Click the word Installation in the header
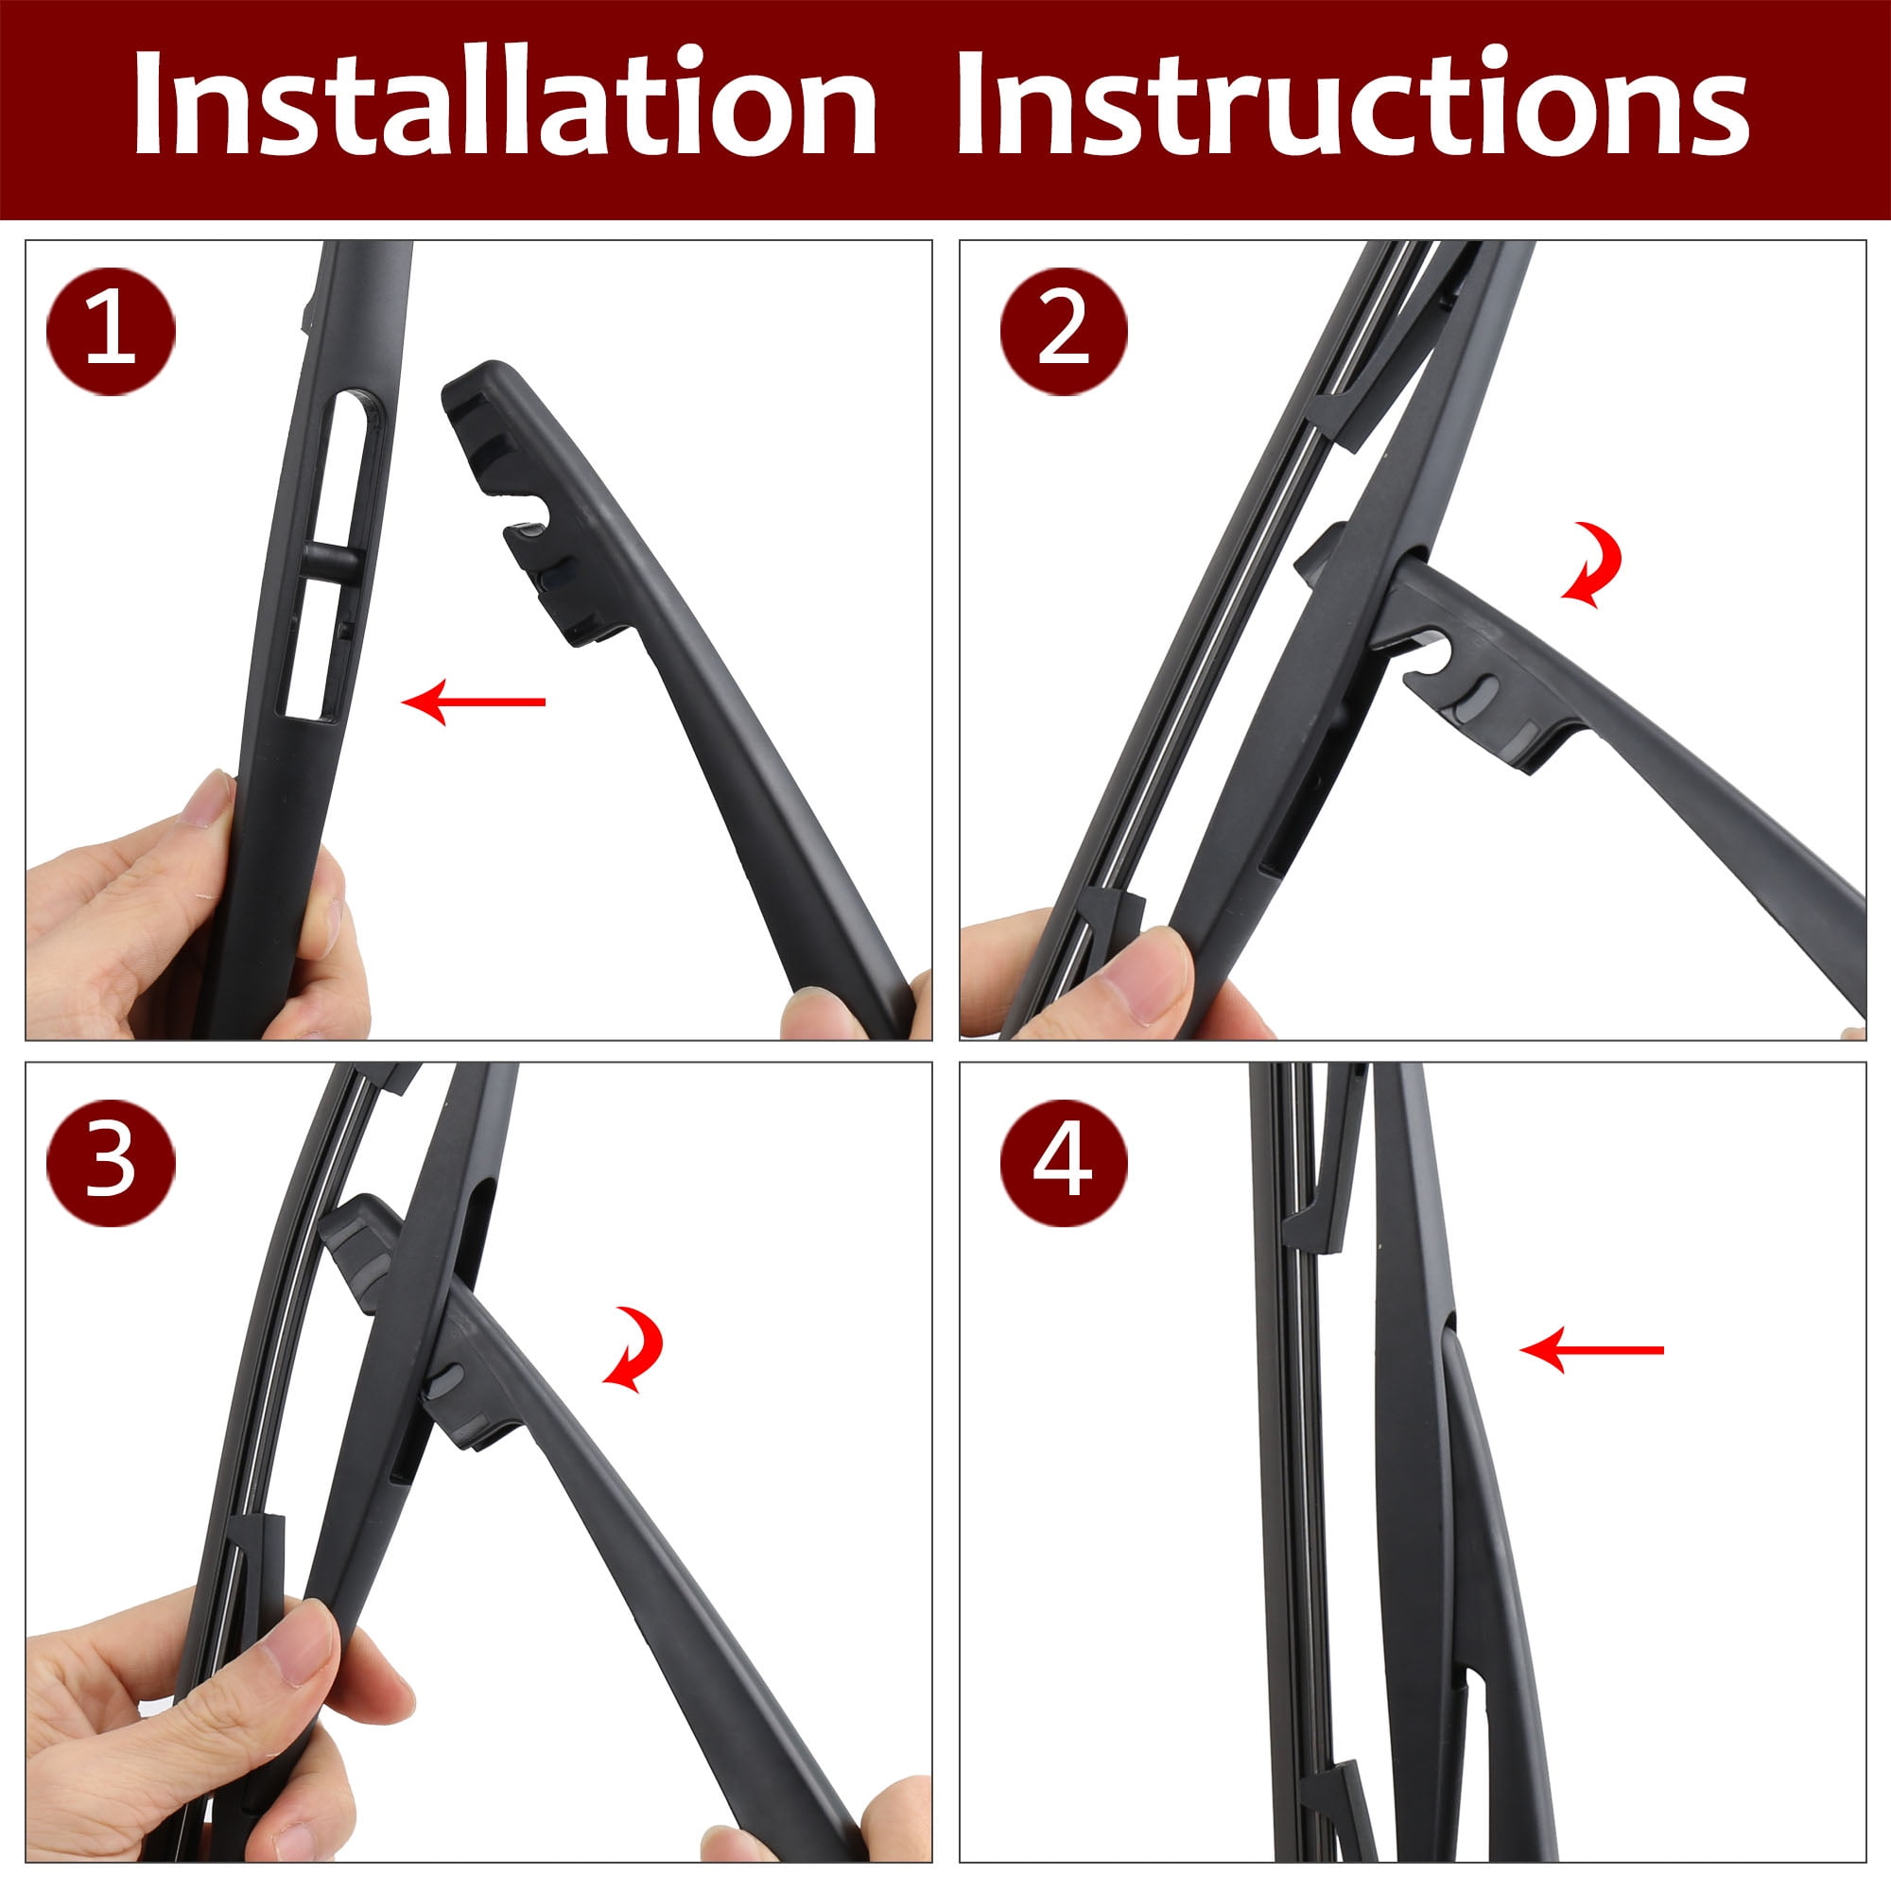[x=504, y=102]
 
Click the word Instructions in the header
[x=1352, y=102]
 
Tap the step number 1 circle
[x=111, y=331]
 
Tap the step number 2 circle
[x=1064, y=331]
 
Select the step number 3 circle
[x=111, y=1161]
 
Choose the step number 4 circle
[x=1064, y=1161]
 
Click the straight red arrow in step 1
[x=474, y=701]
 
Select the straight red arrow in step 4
[x=1591, y=1350]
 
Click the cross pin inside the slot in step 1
[x=327, y=563]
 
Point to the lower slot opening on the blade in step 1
[x=312, y=650]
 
